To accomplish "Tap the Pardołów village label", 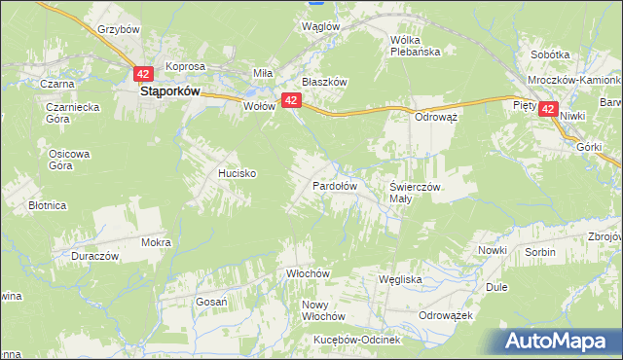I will click(x=335, y=185).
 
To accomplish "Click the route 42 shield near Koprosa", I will click(x=144, y=73).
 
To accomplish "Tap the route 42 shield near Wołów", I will click(x=290, y=100).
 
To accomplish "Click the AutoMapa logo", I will click(x=556, y=342).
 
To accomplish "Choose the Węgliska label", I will click(x=399, y=279).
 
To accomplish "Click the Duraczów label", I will click(x=94, y=256).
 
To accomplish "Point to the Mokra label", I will click(x=156, y=242).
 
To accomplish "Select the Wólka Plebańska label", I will click(x=415, y=46).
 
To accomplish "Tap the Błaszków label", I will click(x=324, y=83).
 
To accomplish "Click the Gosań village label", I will click(x=211, y=302).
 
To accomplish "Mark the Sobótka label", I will click(x=550, y=55).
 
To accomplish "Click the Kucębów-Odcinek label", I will click(x=358, y=340).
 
